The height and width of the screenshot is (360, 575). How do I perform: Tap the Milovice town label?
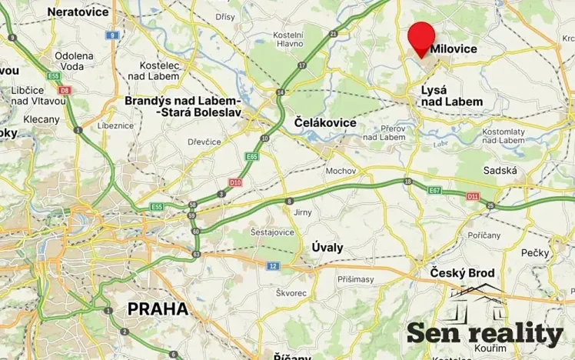pos(454,48)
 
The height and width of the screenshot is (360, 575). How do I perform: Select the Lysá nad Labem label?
pos(452,95)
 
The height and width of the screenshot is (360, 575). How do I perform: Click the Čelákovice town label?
pos(325,122)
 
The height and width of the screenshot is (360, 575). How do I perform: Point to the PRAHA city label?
pos(158,308)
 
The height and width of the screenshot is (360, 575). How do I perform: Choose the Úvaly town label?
pos(327,248)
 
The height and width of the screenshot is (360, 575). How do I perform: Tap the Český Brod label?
pos(462,273)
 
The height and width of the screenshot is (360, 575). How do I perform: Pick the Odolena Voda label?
pos(74,62)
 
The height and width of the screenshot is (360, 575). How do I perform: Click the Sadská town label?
pos(500,170)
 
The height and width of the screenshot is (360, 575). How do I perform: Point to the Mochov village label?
pos(341,171)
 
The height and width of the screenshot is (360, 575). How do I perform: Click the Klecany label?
pos(42,119)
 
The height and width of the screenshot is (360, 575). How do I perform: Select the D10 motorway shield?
pos(235,182)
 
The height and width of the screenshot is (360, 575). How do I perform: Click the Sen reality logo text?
pos(485,333)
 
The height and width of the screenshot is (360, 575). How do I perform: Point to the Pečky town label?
pos(534,252)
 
